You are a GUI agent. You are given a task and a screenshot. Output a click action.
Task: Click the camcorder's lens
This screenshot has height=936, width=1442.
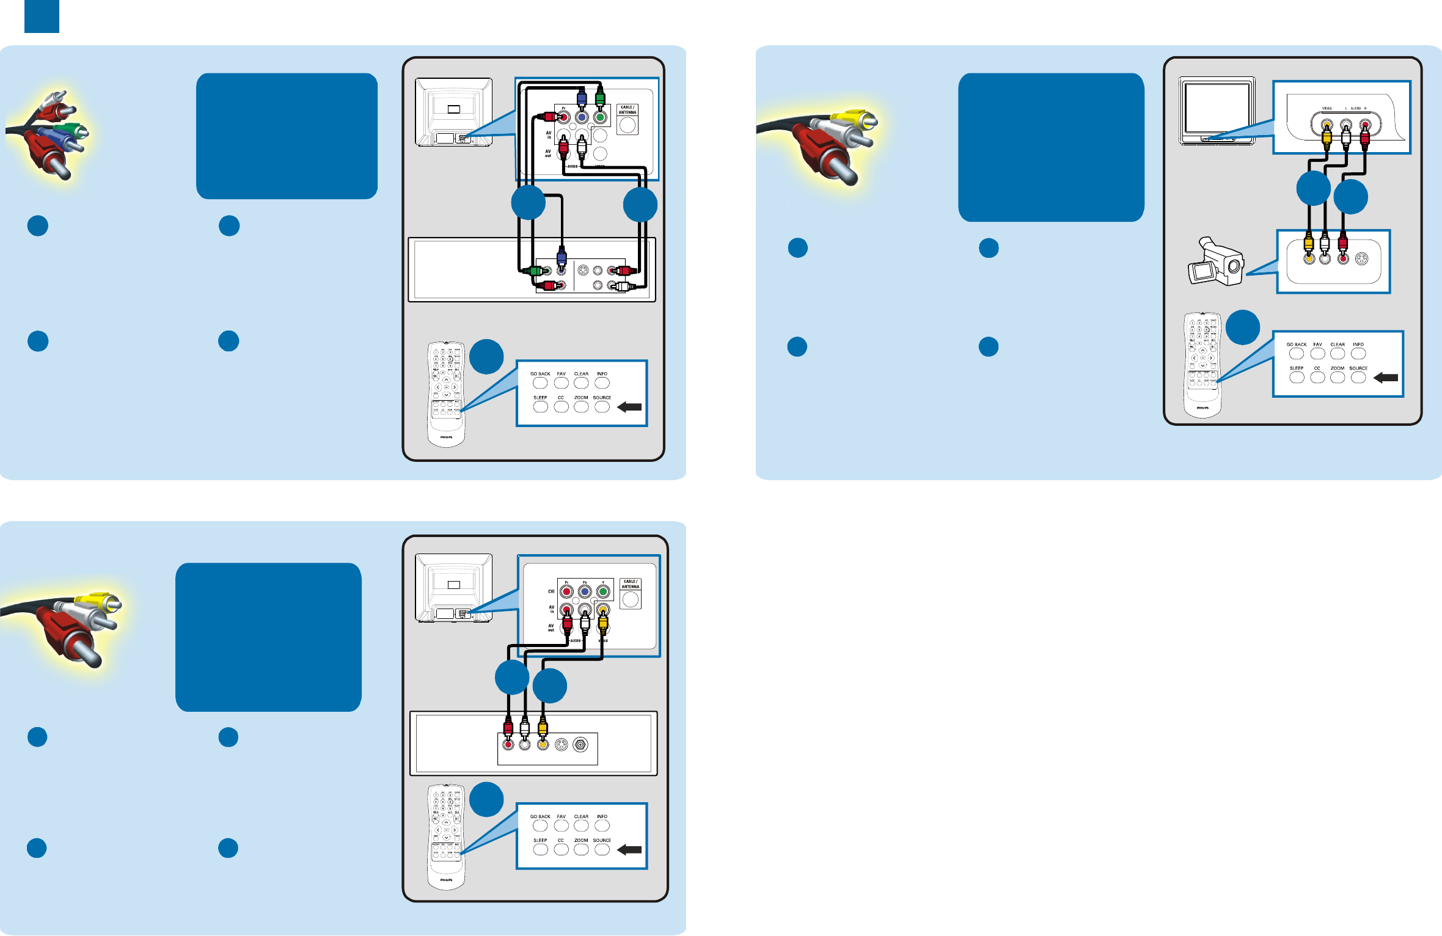click(x=1234, y=266)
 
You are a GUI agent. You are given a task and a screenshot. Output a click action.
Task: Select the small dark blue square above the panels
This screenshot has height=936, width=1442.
click(x=42, y=16)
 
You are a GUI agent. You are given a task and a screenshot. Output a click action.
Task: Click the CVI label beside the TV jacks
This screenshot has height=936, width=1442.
click(x=551, y=591)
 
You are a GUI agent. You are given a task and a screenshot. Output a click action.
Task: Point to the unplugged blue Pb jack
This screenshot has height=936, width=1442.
click(x=585, y=591)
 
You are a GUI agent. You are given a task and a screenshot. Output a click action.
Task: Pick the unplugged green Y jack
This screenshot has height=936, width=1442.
click(x=603, y=591)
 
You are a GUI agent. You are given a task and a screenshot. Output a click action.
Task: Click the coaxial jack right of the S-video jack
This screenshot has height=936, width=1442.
click(x=580, y=745)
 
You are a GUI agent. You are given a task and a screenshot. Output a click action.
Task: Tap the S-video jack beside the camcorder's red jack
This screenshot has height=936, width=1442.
click(x=1361, y=259)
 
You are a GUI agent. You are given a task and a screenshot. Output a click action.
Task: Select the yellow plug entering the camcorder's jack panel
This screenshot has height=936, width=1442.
click(x=1308, y=244)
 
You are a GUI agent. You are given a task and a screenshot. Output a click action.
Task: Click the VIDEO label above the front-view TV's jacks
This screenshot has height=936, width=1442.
click(x=1327, y=108)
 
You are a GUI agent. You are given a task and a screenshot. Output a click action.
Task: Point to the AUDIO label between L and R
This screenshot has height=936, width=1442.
click(x=1355, y=108)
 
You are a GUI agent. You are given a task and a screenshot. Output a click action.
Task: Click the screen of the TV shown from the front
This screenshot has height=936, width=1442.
click(x=1217, y=108)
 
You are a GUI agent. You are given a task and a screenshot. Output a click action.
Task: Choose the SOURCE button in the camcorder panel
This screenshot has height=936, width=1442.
click(x=1358, y=377)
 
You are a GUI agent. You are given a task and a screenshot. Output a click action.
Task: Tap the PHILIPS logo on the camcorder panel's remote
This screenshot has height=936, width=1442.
click(x=1202, y=408)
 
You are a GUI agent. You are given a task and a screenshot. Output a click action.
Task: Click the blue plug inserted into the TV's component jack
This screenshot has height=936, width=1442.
click(x=582, y=98)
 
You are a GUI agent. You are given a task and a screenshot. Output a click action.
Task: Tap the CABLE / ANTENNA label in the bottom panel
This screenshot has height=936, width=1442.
click(x=630, y=584)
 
